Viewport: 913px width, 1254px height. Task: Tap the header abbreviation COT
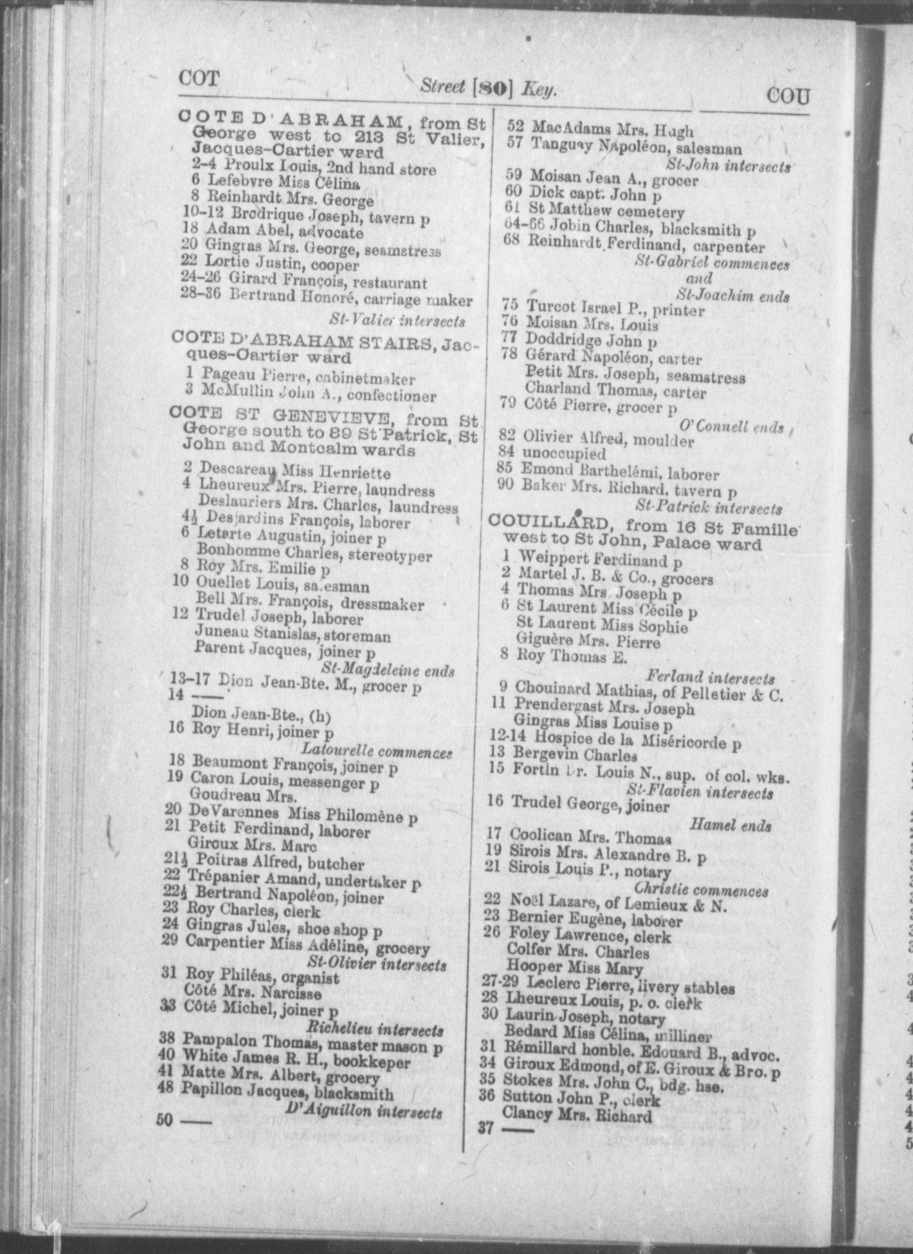point(198,78)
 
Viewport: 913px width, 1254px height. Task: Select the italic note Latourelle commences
point(377,750)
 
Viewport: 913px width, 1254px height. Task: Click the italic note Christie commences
point(701,891)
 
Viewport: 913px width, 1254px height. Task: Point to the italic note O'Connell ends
point(732,427)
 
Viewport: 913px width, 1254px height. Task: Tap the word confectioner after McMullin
point(391,396)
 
